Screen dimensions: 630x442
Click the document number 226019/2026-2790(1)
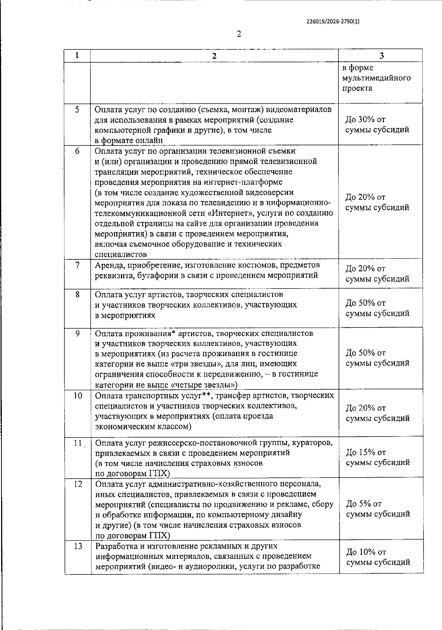(333, 21)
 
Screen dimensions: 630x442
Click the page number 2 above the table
(239, 34)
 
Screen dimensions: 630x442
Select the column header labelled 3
(381, 56)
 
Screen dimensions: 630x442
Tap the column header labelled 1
(77, 55)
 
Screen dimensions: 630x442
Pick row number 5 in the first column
(77, 109)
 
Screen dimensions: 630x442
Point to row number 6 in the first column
(77, 151)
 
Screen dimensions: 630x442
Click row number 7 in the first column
(77, 265)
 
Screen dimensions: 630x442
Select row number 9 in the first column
(77, 333)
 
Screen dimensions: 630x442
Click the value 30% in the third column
(365, 119)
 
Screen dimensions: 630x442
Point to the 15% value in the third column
(366, 452)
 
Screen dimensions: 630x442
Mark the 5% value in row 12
(363, 504)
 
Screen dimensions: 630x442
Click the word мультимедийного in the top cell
(376, 78)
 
